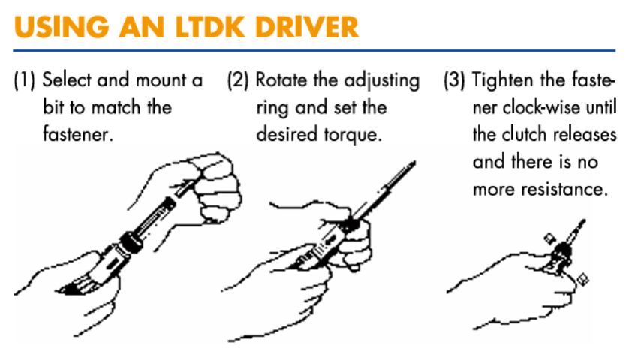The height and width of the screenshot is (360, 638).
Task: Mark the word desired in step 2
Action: tap(283, 136)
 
